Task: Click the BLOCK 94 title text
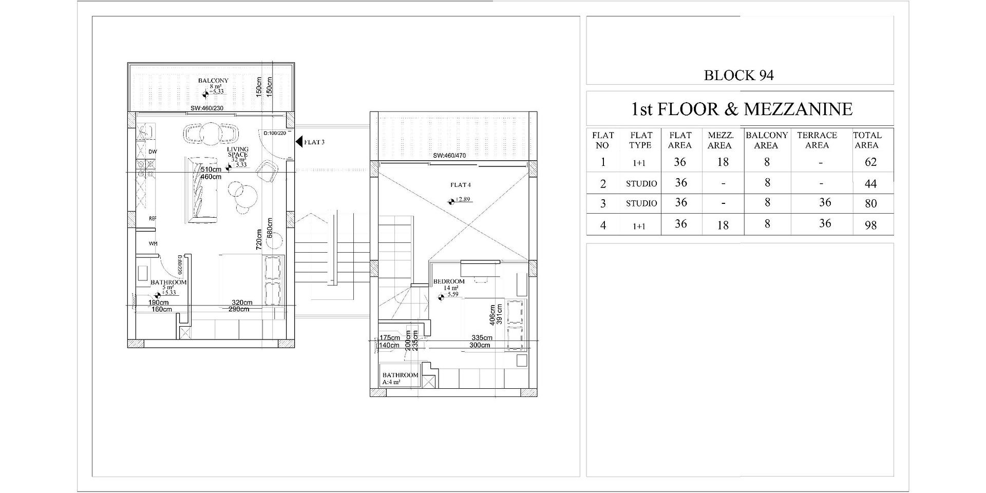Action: [x=738, y=75]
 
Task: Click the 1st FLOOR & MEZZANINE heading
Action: [x=741, y=109]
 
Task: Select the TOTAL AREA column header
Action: [x=867, y=140]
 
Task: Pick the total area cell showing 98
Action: [x=870, y=225]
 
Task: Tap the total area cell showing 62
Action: [x=870, y=162]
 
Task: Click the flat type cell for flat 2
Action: [x=641, y=184]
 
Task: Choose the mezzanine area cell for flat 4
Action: [x=723, y=225]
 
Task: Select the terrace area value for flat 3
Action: [x=825, y=202]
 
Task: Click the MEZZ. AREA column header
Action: [x=720, y=140]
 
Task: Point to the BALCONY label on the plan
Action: [x=214, y=81]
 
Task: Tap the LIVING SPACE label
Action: [x=238, y=152]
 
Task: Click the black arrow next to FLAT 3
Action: [x=298, y=142]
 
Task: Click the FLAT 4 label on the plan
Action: [x=460, y=185]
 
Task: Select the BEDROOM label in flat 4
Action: [x=449, y=281]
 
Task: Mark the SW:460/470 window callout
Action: [x=449, y=156]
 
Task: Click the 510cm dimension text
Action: [x=211, y=169]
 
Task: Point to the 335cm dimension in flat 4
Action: [x=482, y=338]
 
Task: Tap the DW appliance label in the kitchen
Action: [x=153, y=152]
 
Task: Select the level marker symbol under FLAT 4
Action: [x=451, y=201]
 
